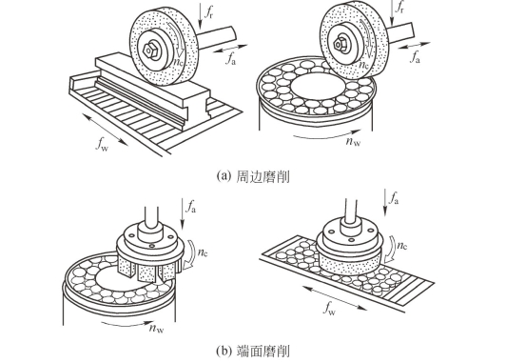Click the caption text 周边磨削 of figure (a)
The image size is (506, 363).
(263, 177)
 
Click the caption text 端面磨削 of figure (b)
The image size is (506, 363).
(263, 351)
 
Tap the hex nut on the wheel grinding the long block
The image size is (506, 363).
(149, 50)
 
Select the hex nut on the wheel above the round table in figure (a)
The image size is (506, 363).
(340, 43)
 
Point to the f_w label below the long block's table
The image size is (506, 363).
(102, 144)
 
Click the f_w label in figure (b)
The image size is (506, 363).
(329, 309)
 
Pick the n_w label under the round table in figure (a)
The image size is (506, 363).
(353, 141)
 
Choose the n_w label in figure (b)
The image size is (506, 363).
(157, 328)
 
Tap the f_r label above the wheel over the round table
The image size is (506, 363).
(399, 7)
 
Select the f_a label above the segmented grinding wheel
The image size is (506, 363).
(190, 206)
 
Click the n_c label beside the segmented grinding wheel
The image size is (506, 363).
(203, 252)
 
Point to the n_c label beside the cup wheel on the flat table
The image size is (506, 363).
(401, 246)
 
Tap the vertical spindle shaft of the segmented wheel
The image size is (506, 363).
(151, 216)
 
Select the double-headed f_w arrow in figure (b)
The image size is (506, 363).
(335, 298)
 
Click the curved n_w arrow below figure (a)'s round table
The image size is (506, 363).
(326, 135)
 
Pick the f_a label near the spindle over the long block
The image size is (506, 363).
(230, 59)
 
